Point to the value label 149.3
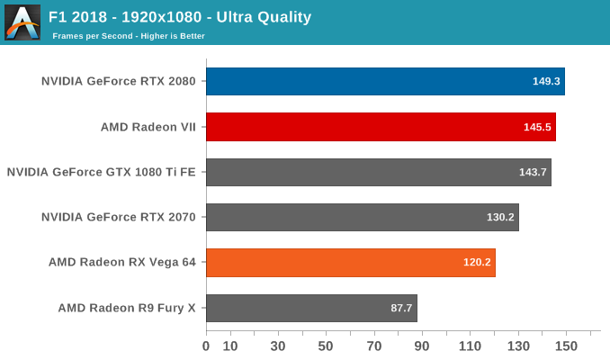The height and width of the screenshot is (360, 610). click(x=546, y=81)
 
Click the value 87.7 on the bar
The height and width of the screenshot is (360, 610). click(x=400, y=308)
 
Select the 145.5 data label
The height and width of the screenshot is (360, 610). click(x=538, y=127)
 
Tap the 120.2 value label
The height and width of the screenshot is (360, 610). click(x=478, y=263)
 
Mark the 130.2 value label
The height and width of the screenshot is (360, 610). click(x=501, y=217)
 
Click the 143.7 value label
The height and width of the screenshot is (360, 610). click(x=534, y=172)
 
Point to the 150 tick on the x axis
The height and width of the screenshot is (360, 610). click(x=566, y=346)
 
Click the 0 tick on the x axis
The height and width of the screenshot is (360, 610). click(x=206, y=346)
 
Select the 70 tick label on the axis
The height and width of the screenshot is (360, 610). click(x=373, y=346)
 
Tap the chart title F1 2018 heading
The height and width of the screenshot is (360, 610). click(x=180, y=16)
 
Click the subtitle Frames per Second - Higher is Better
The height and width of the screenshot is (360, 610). click(x=128, y=36)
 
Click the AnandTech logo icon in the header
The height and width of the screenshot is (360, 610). click(x=22, y=22)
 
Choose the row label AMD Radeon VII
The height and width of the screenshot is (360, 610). click(x=148, y=127)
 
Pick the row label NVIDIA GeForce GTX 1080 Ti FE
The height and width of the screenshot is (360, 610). click(x=101, y=172)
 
